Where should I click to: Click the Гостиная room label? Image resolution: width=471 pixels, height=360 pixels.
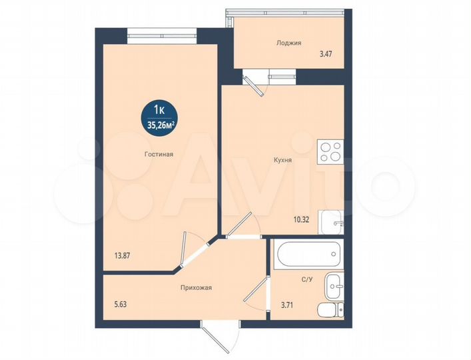click(159, 155)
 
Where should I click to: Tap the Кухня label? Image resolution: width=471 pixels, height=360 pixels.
click(282, 160)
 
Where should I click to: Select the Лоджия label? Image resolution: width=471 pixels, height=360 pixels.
click(288, 43)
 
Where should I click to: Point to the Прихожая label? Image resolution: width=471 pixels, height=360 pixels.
click(196, 288)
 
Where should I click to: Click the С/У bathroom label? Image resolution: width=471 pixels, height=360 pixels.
click(307, 279)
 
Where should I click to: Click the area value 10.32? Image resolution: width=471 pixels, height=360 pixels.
click(301, 219)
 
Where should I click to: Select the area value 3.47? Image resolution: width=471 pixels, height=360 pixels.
click(326, 55)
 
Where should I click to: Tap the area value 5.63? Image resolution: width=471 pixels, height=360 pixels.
click(120, 305)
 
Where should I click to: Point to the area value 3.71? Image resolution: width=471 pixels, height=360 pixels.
click(287, 305)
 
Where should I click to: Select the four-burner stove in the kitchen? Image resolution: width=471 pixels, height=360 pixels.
click(330, 152)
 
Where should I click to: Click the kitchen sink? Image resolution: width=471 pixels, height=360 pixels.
click(331, 222)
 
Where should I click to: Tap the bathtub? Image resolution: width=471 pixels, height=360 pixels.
click(308, 254)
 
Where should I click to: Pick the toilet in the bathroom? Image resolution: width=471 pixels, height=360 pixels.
click(331, 309)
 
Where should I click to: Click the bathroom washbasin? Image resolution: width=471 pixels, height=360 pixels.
click(334, 286)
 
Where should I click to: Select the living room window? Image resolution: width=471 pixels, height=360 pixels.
click(162, 36)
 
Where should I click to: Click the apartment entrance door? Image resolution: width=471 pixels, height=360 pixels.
click(220, 338)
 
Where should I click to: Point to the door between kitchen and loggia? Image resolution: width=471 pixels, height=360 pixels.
click(255, 83)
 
